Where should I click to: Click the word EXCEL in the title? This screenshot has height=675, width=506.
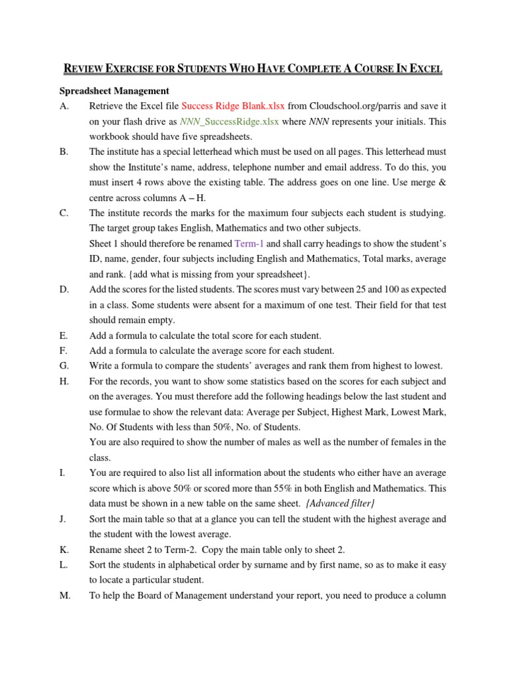point(425,69)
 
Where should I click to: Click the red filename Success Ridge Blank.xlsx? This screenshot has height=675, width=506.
point(233,105)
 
